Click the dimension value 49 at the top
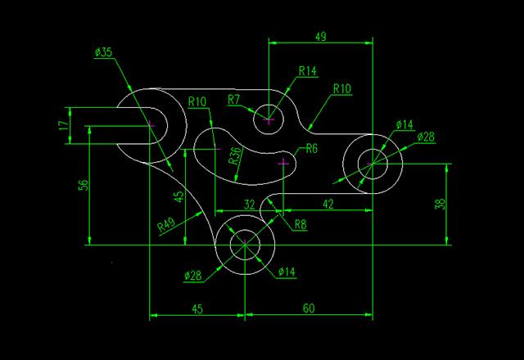click(x=320, y=36)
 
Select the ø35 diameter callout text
click(x=104, y=52)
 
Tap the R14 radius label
click(x=308, y=71)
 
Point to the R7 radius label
click(x=234, y=100)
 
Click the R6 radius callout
click(x=312, y=149)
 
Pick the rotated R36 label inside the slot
click(x=235, y=155)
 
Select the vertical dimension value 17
click(x=64, y=125)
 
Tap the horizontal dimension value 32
click(x=249, y=205)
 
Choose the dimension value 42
click(x=328, y=204)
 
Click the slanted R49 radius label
click(x=166, y=225)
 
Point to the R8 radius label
click(x=300, y=224)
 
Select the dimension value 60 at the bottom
click(x=309, y=308)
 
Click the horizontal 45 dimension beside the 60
click(x=197, y=309)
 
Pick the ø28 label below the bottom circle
click(x=193, y=276)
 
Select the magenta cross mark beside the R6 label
click(x=283, y=163)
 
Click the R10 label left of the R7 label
click(x=197, y=101)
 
